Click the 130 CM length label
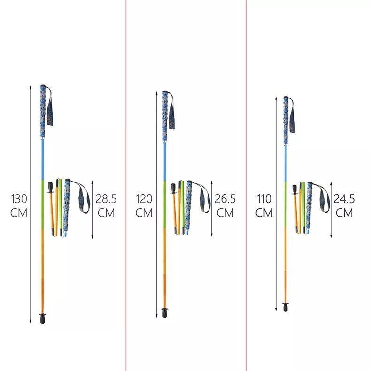[19, 205]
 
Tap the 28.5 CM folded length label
[106, 205]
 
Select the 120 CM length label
[144, 205]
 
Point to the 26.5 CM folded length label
[225, 205]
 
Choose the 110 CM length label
[264, 205]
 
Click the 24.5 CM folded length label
[344, 205]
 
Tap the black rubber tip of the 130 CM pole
[43, 318]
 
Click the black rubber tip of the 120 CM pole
[165, 312]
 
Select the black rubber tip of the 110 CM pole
[286, 307]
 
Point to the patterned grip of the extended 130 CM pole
[43, 112]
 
